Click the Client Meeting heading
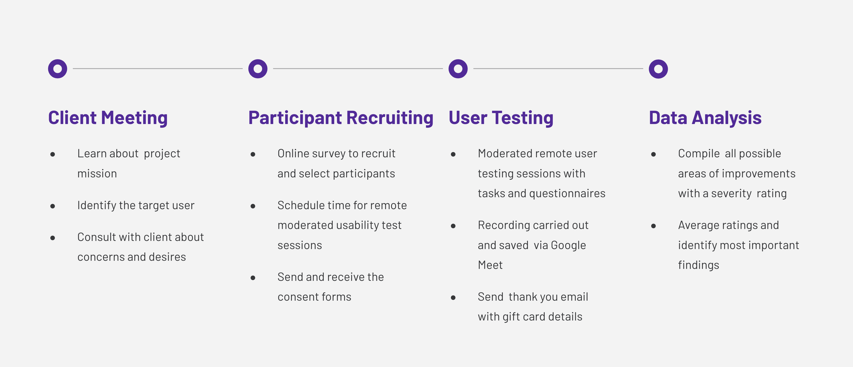[108, 118]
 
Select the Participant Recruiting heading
[341, 118]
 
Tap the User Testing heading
[501, 118]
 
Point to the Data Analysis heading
[705, 118]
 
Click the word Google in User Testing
[568, 246]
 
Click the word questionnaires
[567, 194]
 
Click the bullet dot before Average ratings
[653, 226]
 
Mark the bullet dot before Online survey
[253, 154]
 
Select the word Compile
[699, 154]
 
